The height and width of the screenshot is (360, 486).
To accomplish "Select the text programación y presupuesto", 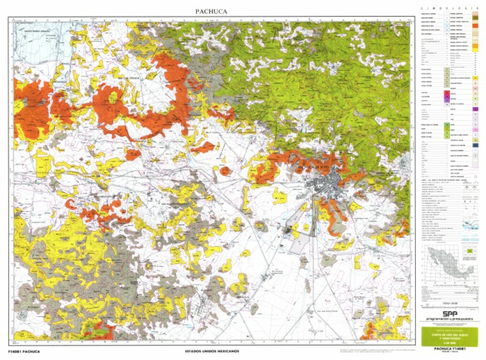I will point(450,319).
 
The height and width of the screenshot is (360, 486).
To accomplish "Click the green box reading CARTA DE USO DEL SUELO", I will point(450,335).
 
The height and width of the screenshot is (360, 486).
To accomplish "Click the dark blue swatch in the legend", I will point(475,145).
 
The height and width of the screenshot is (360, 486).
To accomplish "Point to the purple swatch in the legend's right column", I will point(475,109).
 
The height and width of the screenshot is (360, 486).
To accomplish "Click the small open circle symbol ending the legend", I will point(475,177).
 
